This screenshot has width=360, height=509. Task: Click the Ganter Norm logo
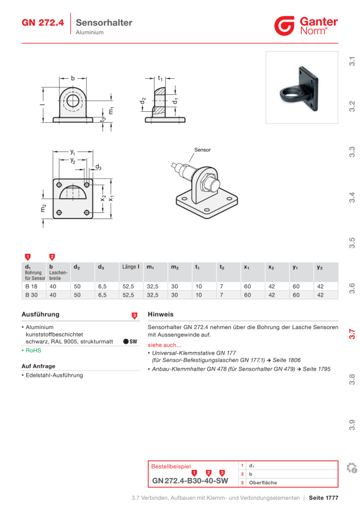pyautogui.click(x=306, y=25)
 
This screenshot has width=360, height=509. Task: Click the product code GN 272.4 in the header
pyautogui.click(x=43, y=23)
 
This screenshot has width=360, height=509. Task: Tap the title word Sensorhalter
pyautogui.click(x=104, y=22)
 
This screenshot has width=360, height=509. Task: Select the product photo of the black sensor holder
pyautogui.click(x=302, y=88)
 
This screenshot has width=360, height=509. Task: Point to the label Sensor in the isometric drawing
pyautogui.click(x=202, y=150)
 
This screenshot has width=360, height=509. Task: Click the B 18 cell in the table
pyautogui.click(x=32, y=286)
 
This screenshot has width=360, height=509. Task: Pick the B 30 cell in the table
pyautogui.click(x=32, y=295)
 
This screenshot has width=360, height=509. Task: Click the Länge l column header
pyautogui.click(x=131, y=267)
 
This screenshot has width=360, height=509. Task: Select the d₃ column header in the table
pyautogui.click(x=101, y=267)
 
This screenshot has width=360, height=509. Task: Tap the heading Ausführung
pyautogui.click(x=40, y=314)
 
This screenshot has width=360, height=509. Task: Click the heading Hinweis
pyautogui.click(x=161, y=314)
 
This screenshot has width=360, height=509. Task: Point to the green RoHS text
pyautogui.click(x=34, y=350)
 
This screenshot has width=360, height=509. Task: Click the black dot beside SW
pyautogui.click(x=126, y=341)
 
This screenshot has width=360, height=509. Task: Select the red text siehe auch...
pyautogui.click(x=164, y=345)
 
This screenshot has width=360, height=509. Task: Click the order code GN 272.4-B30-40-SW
pyautogui.click(x=190, y=481)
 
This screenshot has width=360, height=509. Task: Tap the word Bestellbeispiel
pyautogui.click(x=171, y=466)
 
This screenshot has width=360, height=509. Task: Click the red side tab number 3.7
pyautogui.click(x=352, y=334)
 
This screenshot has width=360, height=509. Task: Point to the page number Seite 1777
pyautogui.click(x=323, y=498)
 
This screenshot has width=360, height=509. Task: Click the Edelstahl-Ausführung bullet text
pyautogui.click(x=54, y=376)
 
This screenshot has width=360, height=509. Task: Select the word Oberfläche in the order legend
pyautogui.click(x=263, y=483)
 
